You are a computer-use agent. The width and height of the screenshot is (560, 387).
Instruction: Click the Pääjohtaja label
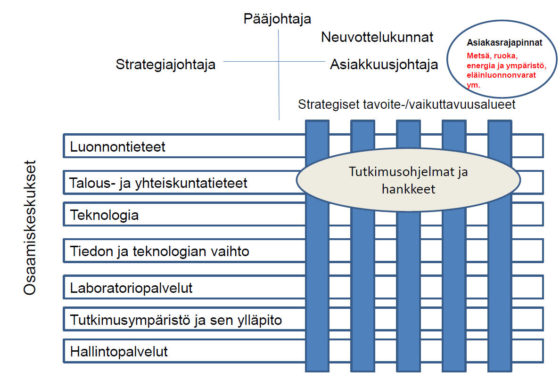[277, 19]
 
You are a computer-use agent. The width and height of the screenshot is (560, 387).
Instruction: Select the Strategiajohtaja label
[166, 64]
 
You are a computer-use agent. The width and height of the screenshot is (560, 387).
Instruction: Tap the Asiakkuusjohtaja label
[384, 64]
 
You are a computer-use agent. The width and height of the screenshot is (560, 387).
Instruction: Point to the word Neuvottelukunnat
[377, 37]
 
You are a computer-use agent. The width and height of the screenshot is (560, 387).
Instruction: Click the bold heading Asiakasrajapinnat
[504, 43]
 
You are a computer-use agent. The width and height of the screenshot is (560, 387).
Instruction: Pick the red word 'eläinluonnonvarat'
[501, 75]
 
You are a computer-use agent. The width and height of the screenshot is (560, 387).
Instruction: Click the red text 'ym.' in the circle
[473, 85]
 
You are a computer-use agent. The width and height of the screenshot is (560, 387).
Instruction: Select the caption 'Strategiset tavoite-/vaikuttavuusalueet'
[406, 105]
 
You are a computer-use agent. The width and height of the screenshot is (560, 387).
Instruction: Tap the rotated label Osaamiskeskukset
[30, 228]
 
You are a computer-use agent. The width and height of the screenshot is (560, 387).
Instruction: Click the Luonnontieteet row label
[117, 146]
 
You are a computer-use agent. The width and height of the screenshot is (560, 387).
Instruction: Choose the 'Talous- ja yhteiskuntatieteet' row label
[158, 183]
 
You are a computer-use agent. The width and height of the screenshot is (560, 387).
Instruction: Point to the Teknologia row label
[104, 216]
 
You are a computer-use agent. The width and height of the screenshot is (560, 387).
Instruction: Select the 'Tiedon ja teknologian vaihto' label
[159, 251]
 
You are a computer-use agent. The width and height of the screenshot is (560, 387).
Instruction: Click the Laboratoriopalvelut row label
[131, 288]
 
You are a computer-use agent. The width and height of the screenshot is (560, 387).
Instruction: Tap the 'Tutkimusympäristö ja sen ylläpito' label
[176, 320]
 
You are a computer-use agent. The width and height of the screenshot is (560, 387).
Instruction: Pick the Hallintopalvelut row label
[119, 352]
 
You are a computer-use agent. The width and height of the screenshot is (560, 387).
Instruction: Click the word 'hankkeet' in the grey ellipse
[409, 189]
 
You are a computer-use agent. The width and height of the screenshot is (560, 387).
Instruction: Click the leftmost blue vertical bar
[317, 246]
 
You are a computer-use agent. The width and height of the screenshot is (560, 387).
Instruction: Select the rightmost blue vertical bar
[500, 246]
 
